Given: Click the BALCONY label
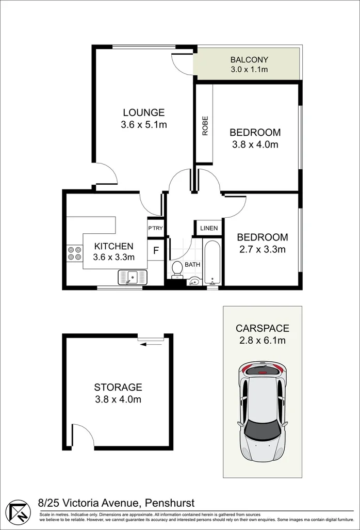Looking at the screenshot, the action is point(249,59).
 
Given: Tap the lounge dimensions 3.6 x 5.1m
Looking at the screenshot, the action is point(144,125).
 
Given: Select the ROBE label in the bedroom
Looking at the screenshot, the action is point(205,126).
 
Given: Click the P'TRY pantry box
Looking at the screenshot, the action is point(155,228).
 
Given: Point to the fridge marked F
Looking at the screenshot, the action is point(156,250).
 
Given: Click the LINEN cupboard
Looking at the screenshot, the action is point(209,228).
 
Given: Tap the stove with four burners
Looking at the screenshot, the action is point(75,253).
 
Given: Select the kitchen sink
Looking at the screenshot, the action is point(133,278).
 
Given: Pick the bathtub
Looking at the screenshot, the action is point(212,262).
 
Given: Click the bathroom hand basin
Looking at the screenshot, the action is point(194,281).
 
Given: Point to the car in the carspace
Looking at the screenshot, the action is point(263,412).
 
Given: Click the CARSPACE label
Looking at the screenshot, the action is point(263,328).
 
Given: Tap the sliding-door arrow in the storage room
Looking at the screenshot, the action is point(151,344).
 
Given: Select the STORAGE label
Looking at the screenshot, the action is point(118,387).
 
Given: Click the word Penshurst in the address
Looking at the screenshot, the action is point(170,503).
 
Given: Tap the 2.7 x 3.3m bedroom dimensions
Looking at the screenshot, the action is point(263,249).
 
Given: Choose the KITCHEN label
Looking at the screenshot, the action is point(114,246).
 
